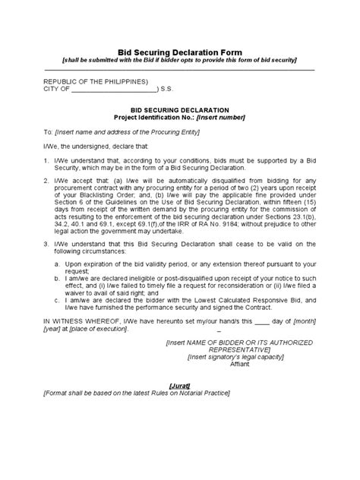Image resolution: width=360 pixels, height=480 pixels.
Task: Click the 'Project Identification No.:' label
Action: point(153,118)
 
